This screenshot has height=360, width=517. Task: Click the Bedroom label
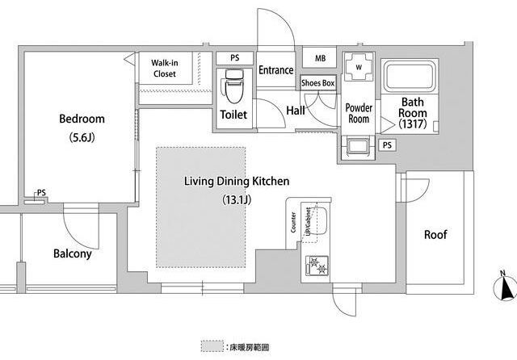point(82,119)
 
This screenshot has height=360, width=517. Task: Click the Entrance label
point(275,70)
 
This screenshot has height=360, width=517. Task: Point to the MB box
point(320,59)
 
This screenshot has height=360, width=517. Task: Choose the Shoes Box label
point(317,82)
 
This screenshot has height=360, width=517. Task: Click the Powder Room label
point(359,113)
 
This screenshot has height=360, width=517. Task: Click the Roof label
point(436,235)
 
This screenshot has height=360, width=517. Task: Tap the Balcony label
point(72,253)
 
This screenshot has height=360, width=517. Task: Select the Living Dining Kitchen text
point(237,182)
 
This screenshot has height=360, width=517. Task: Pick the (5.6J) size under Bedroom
point(82,137)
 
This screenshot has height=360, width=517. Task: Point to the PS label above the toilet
point(235,58)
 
